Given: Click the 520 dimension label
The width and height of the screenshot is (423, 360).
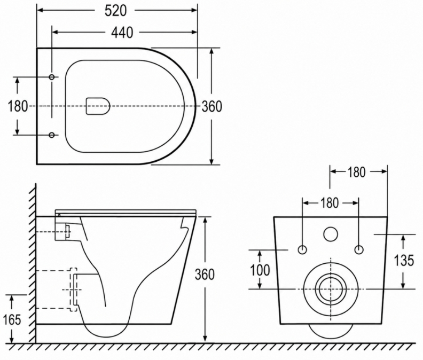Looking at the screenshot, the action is (115, 11).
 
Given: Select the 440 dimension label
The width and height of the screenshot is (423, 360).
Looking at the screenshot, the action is (122, 33).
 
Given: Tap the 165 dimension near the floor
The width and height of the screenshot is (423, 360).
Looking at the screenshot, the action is (12, 320).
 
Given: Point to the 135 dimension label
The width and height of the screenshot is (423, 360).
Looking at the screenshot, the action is (404, 261).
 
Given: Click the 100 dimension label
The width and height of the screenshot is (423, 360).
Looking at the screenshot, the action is (260, 270).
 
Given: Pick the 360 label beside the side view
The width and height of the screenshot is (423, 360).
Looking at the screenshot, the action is (205, 275).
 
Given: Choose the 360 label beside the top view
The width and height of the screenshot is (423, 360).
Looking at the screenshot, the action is (212, 106).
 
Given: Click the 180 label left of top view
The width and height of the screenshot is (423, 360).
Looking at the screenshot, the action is (18, 106).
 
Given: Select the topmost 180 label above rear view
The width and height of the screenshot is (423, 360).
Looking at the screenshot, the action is (356, 172).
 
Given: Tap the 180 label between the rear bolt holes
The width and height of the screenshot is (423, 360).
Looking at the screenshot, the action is (330, 203).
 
